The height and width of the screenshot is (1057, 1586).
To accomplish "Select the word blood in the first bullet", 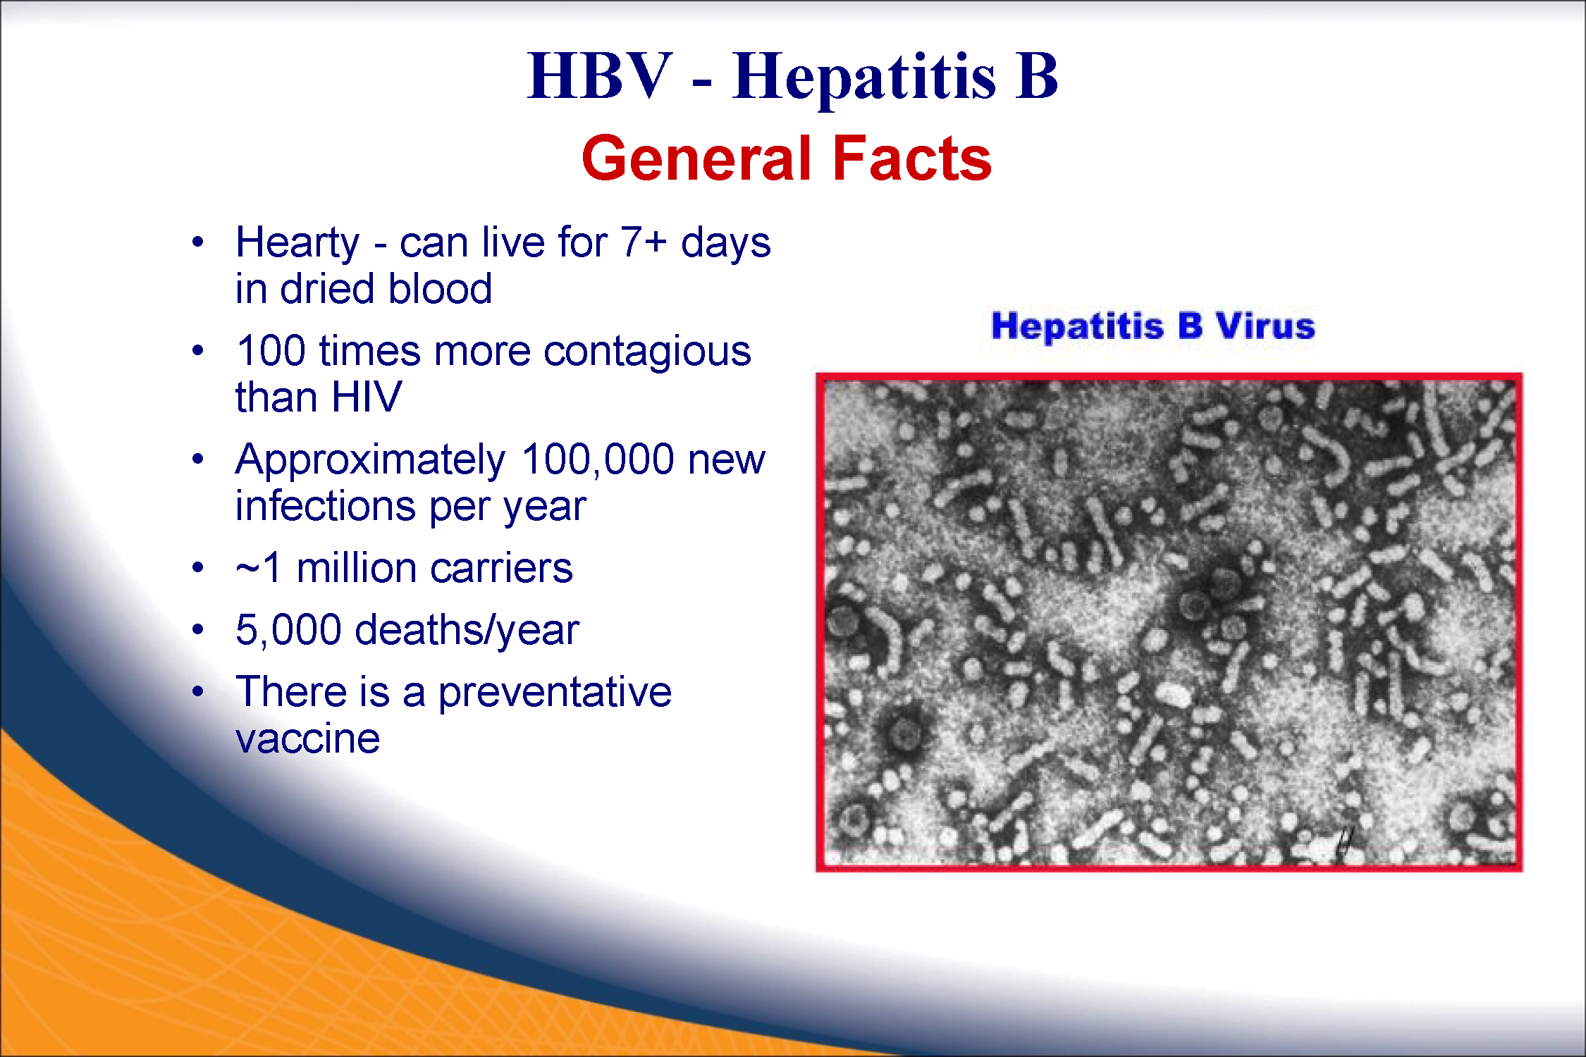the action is pyautogui.click(x=440, y=288).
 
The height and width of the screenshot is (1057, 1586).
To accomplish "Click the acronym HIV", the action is pyautogui.click(x=367, y=397).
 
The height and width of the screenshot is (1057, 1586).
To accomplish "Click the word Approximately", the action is pyautogui.click(x=370, y=462).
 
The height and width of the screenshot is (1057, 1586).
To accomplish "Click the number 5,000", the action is pyautogui.click(x=288, y=630).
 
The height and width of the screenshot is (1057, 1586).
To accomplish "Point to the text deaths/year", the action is pyautogui.click(x=467, y=629).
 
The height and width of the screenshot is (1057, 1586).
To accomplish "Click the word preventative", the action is pyautogui.click(x=555, y=692).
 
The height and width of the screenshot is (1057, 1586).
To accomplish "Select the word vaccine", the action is pyautogui.click(x=307, y=738).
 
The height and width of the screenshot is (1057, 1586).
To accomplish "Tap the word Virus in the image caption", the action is pyautogui.click(x=1265, y=326).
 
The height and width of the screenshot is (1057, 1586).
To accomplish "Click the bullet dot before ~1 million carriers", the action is pyautogui.click(x=198, y=567).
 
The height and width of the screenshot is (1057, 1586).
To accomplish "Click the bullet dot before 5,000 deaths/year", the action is pyautogui.click(x=198, y=629).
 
